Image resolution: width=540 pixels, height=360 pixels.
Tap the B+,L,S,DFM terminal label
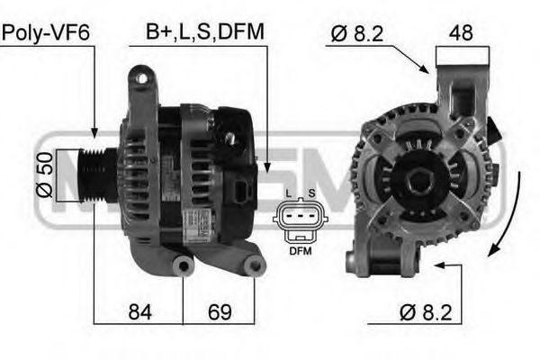205,33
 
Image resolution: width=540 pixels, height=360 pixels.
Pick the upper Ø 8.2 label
357,33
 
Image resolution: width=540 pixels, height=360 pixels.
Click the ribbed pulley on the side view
94,175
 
